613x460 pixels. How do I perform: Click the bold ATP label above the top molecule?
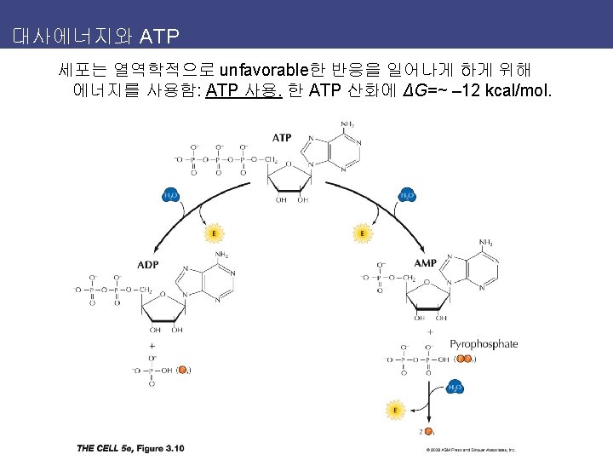[x=282, y=137]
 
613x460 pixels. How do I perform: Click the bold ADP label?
[x=147, y=264]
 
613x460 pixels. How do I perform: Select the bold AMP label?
[x=425, y=263]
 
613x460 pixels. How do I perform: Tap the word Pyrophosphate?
[x=484, y=344]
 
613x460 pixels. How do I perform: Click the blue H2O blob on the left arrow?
[x=171, y=196]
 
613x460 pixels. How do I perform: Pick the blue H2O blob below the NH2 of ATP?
[x=408, y=196]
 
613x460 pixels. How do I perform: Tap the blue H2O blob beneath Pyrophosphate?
[x=455, y=388]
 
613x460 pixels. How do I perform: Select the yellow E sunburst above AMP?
[x=363, y=233]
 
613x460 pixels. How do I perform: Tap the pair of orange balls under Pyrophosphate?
[x=462, y=359]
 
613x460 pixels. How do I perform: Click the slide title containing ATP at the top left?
[x=95, y=37]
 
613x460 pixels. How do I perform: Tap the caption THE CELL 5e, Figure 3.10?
[x=130, y=448]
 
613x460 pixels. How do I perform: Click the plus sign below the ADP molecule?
[x=152, y=347]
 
